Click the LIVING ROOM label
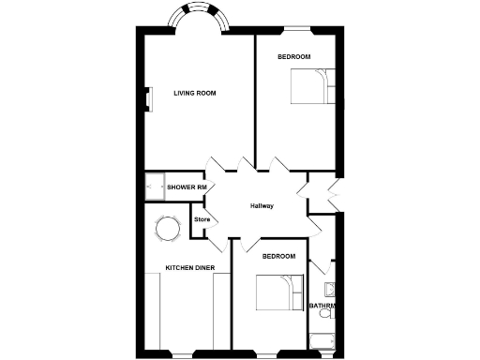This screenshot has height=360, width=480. pyautogui.click(x=195, y=93)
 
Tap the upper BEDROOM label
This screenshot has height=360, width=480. pyautogui.click(x=293, y=58)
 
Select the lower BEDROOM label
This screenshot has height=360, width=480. pyautogui.click(x=278, y=256)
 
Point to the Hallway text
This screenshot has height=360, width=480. pyautogui.click(x=262, y=206)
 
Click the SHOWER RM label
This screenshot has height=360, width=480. pyautogui.click(x=187, y=187)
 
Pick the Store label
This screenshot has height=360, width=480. pyautogui.click(x=201, y=221)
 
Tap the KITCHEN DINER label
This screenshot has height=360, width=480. pyautogui.click(x=190, y=268)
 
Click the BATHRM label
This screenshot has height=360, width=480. pyautogui.click(x=323, y=306)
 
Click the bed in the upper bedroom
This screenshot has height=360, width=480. pyautogui.click(x=307, y=88)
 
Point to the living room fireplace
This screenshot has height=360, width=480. pyautogui.click(x=148, y=99)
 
